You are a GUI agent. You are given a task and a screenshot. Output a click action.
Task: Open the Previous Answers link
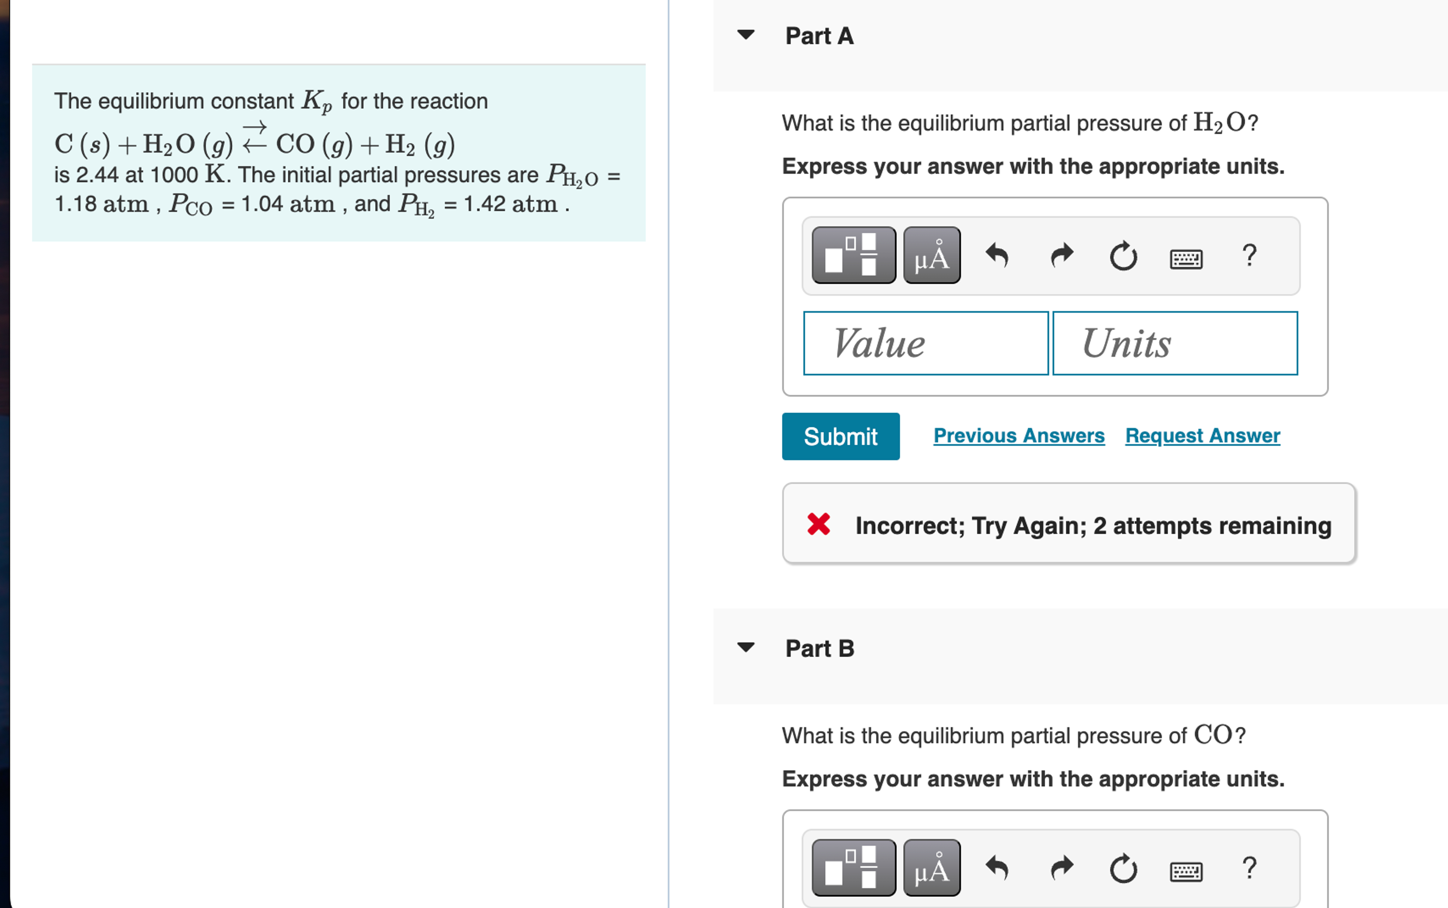point(1019,436)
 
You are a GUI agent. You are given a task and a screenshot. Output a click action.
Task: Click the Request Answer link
point(1202,436)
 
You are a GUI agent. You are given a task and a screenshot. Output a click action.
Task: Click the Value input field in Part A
point(925,344)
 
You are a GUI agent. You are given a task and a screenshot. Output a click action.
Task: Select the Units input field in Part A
point(1174,344)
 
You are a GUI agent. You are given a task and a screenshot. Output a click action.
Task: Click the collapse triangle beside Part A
point(745,35)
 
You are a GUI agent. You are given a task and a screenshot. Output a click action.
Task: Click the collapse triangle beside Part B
point(745,647)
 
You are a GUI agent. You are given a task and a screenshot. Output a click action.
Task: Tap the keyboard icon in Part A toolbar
point(1186,259)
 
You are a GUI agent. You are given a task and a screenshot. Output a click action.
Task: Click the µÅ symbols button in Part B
point(931,868)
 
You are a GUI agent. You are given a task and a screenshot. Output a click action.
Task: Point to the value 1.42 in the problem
point(485,205)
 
